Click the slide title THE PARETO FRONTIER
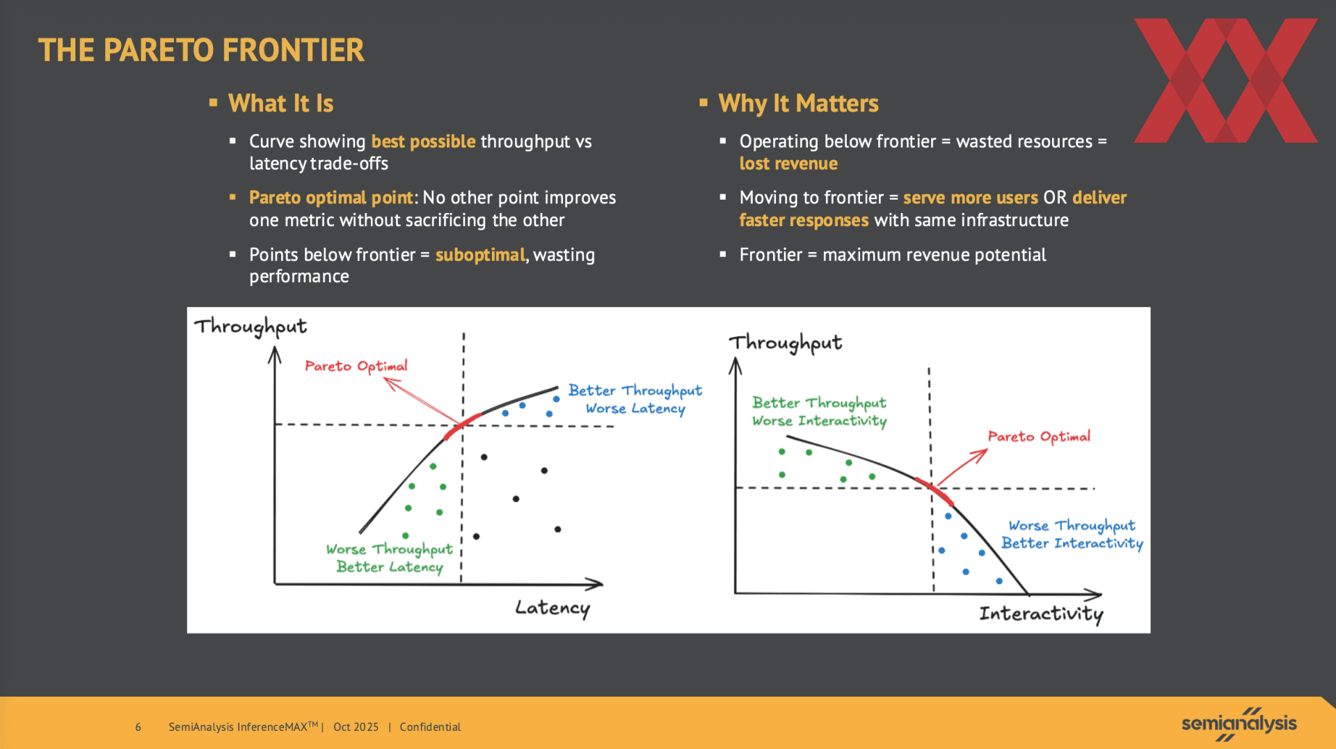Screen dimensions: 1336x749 pos(201,50)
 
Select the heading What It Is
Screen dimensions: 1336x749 pos(281,104)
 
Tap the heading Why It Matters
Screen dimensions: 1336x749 pos(798,104)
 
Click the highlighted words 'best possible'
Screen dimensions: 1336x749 pos(423,141)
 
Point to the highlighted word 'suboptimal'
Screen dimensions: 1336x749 pos(480,255)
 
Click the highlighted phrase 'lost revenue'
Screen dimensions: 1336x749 pos(788,164)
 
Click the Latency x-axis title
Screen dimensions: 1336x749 pos(552,608)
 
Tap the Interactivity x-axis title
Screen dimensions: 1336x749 pos(1041,613)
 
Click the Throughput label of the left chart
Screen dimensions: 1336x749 pos(250,326)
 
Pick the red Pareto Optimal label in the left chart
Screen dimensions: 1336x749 pos(356,366)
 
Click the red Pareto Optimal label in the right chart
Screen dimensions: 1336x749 pos(1039,436)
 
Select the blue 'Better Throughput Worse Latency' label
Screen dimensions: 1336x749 pos(635,400)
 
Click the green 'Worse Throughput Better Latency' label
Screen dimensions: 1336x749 pos(390,558)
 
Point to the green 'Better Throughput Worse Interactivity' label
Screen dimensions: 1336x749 pos(820,412)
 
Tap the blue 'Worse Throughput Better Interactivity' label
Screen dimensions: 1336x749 pos(1072,535)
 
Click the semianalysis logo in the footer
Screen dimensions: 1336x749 pos(1239,724)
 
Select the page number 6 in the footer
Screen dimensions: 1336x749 pos(138,727)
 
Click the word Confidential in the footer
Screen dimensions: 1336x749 pos(430,727)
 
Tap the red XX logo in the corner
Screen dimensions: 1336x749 pos(1225,81)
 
